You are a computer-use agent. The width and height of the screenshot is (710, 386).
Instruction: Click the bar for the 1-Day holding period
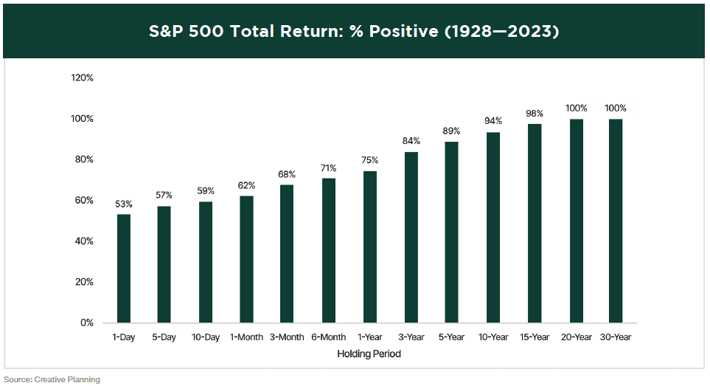[123, 269]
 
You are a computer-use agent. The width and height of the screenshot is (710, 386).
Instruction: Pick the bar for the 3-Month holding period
[288, 254]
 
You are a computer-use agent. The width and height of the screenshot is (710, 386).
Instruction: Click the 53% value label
[123, 204]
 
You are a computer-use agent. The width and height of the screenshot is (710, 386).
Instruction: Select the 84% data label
[411, 141]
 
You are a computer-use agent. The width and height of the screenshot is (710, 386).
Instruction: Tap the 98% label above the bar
[535, 113]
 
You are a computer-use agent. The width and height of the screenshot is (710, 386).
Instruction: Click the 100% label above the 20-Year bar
[576, 108]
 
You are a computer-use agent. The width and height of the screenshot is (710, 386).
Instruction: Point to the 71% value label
[329, 168]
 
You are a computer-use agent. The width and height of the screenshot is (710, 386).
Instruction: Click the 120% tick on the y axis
[82, 78]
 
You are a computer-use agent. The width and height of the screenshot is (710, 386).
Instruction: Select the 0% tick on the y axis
[86, 323]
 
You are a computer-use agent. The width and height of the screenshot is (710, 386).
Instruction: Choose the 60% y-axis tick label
[84, 201]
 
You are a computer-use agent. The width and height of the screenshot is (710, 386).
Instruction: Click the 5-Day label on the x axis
[164, 337]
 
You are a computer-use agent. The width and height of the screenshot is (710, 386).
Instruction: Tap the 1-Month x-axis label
[246, 337]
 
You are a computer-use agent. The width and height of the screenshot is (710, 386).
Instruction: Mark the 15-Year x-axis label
[535, 337]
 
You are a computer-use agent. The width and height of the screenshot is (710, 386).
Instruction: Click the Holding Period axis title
[369, 354]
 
